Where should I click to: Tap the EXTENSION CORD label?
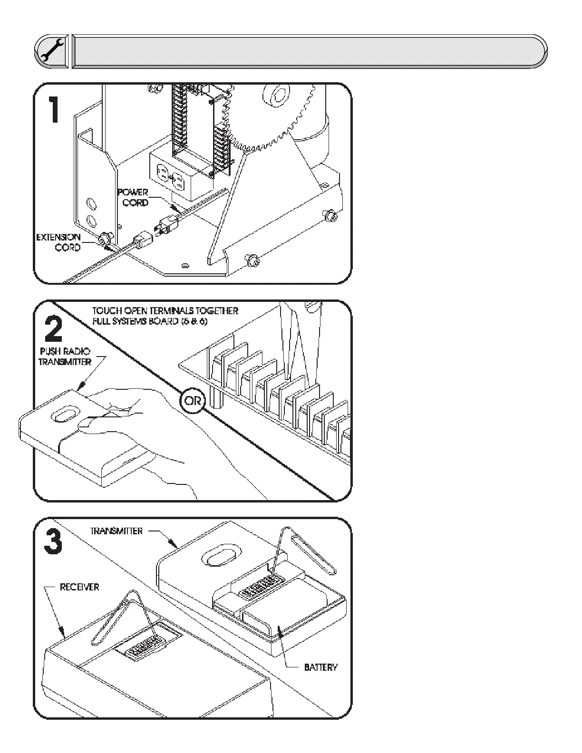[x=59, y=242]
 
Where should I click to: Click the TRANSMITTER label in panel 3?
[x=116, y=531]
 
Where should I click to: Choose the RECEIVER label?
[x=79, y=587]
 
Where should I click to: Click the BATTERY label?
[x=321, y=667]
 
